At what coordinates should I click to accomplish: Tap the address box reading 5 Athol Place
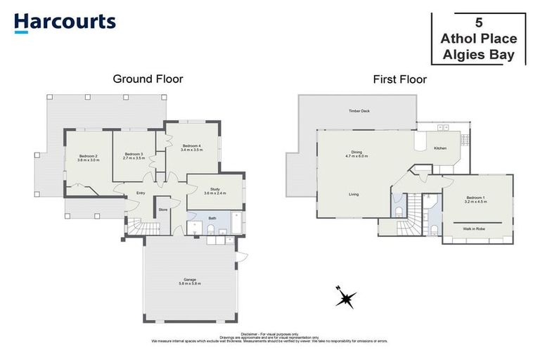point(477,38)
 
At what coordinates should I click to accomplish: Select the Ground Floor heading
point(148,79)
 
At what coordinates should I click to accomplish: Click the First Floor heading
point(399,79)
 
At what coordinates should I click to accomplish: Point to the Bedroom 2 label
point(89,157)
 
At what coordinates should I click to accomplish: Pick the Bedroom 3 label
point(134,156)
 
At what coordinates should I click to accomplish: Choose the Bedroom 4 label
point(191,148)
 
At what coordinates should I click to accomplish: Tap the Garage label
point(189,281)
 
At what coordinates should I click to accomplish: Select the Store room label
point(164,209)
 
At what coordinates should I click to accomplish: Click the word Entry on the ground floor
point(141,193)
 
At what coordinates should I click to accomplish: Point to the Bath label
point(212,218)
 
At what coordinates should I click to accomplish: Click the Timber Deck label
point(359,111)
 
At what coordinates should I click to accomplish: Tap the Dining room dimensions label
point(356,155)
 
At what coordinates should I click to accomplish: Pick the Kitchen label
point(440,148)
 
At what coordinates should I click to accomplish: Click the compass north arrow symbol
point(345,298)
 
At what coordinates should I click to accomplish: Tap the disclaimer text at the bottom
point(270,337)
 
